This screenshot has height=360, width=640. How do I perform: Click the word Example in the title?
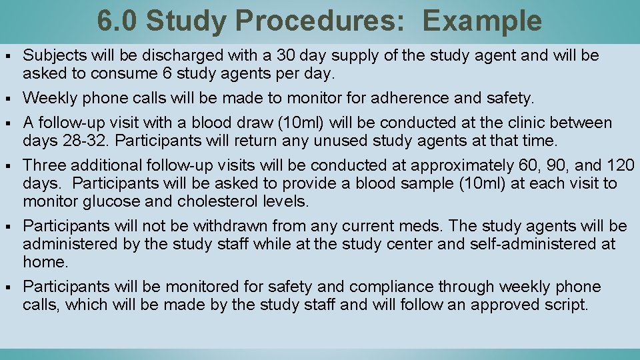coord(482,21)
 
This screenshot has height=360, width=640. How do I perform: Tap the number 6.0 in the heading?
coord(118,21)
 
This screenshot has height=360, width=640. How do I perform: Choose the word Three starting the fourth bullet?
coord(44,165)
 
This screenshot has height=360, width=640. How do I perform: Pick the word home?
coord(44,262)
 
